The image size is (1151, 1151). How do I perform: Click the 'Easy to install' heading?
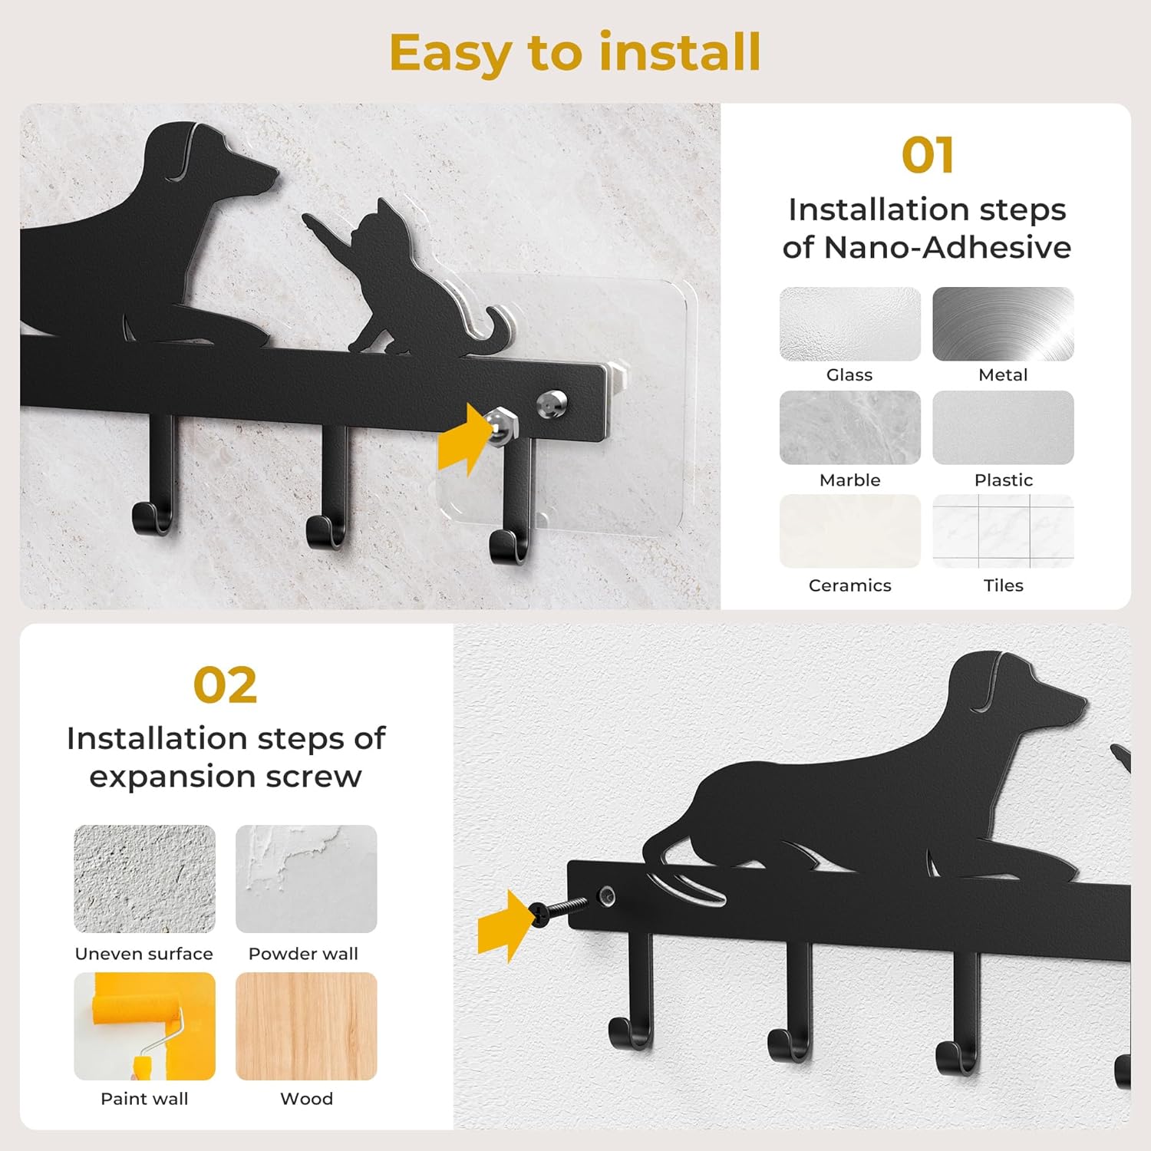click(x=575, y=53)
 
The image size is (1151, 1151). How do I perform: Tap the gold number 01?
click(x=928, y=156)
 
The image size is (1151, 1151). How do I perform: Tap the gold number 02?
click(x=225, y=685)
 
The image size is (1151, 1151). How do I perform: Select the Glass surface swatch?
click(x=850, y=324)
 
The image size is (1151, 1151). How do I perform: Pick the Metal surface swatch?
click(x=1003, y=324)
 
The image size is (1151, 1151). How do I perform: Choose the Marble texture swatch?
click(x=850, y=427)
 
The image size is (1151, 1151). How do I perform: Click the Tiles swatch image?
click(x=1003, y=531)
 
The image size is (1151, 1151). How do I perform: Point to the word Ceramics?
click(x=850, y=585)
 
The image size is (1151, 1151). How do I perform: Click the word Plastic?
click(x=1004, y=480)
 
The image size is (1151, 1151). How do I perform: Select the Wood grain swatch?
click(x=306, y=1026)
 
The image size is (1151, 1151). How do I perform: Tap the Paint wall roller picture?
click(x=144, y=1026)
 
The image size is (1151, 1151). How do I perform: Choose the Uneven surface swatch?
click(x=144, y=879)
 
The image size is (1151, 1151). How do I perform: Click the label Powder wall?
click(x=303, y=954)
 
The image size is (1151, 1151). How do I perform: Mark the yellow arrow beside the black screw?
click(x=504, y=925)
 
